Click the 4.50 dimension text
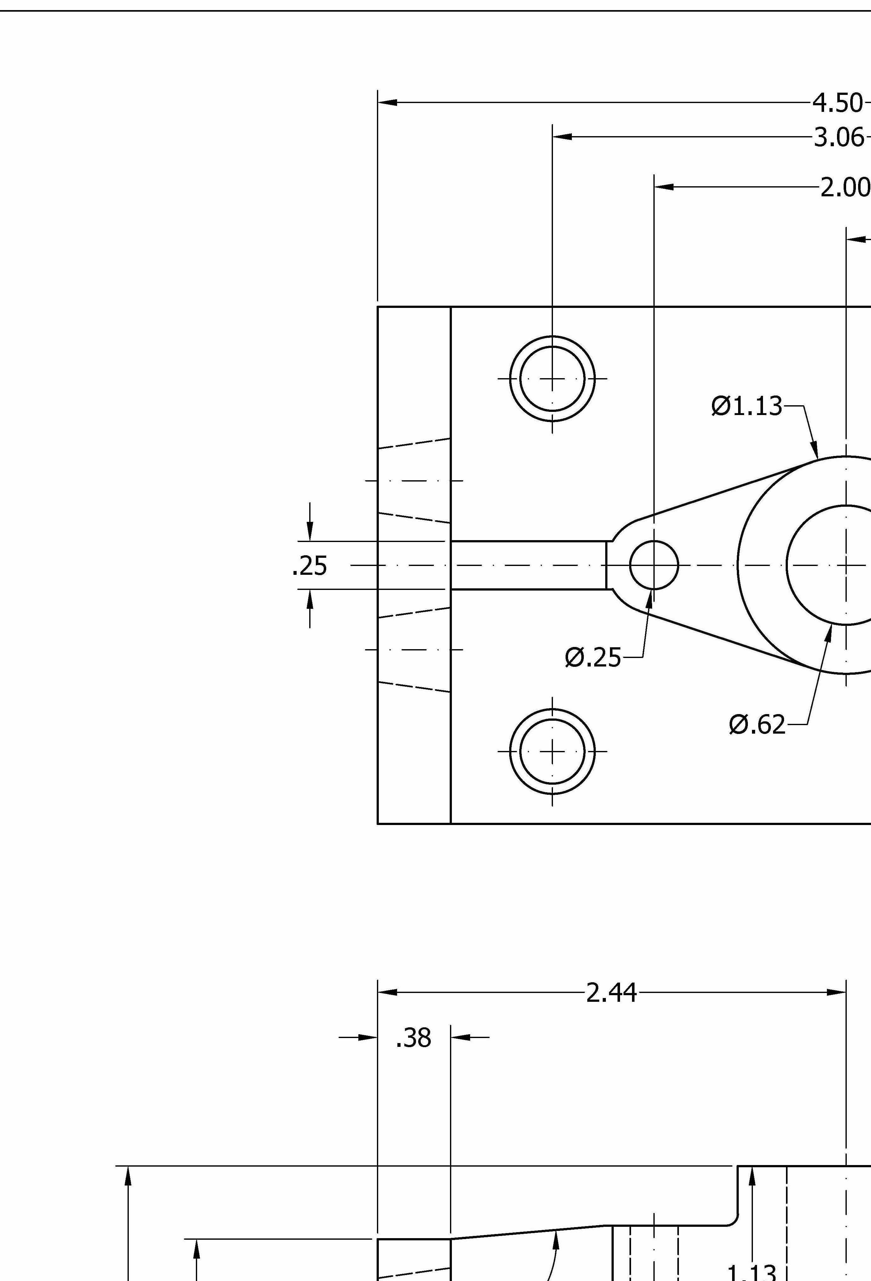point(837,103)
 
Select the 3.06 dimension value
point(839,137)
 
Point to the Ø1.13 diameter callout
point(747,406)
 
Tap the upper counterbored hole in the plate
point(552,379)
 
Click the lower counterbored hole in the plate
point(552,751)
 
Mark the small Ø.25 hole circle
point(654,565)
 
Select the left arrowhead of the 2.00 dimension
point(663,187)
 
